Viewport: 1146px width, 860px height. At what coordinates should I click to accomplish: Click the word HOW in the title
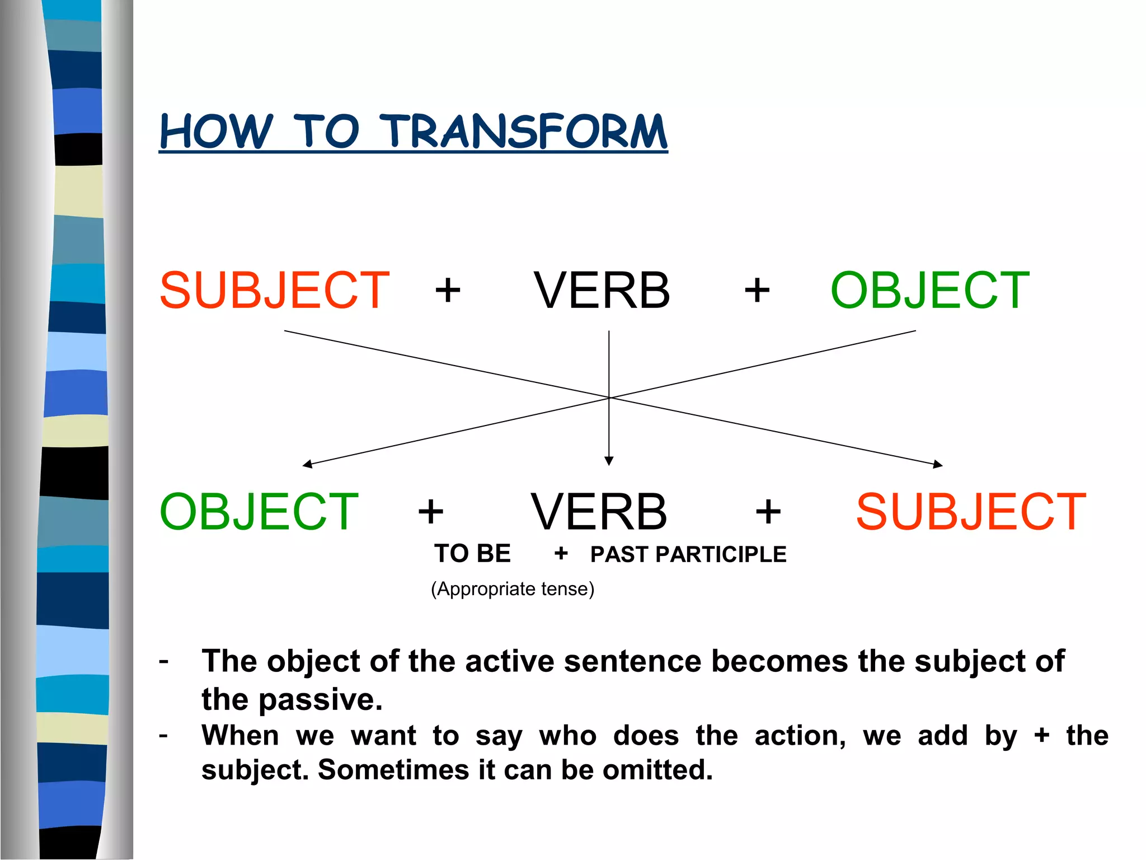pos(216,132)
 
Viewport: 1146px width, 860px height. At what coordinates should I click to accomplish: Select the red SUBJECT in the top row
pos(274,290)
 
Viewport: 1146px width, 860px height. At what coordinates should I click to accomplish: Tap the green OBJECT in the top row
pos(929,290)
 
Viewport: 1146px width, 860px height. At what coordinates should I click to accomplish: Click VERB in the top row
pos(602,290)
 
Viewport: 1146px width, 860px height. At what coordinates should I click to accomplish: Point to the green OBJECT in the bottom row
pos(259,512)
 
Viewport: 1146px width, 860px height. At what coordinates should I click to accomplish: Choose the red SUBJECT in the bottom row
pos(971,512)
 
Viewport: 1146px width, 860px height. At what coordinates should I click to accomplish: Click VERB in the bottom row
pos(599,512)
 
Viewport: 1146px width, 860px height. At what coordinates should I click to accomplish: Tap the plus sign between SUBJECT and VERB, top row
pos(448,291)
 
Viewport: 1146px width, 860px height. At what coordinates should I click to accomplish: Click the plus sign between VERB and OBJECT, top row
pos(757,291)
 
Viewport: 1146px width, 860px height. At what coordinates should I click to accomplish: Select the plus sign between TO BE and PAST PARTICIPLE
pos(561,554)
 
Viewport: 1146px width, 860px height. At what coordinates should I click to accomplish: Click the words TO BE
pos(472,554)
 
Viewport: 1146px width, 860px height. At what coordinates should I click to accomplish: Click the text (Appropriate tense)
pos(512,589)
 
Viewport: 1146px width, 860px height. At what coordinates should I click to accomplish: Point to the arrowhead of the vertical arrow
pos(609,461)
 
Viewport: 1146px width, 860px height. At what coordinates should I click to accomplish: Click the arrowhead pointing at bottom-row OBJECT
pos(307,464)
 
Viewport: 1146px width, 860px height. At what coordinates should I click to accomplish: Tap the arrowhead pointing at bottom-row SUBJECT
pos(938,464)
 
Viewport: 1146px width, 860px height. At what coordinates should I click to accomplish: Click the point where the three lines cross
pos(609,398)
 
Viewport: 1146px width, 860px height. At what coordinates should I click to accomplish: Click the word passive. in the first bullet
pos(320,700)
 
